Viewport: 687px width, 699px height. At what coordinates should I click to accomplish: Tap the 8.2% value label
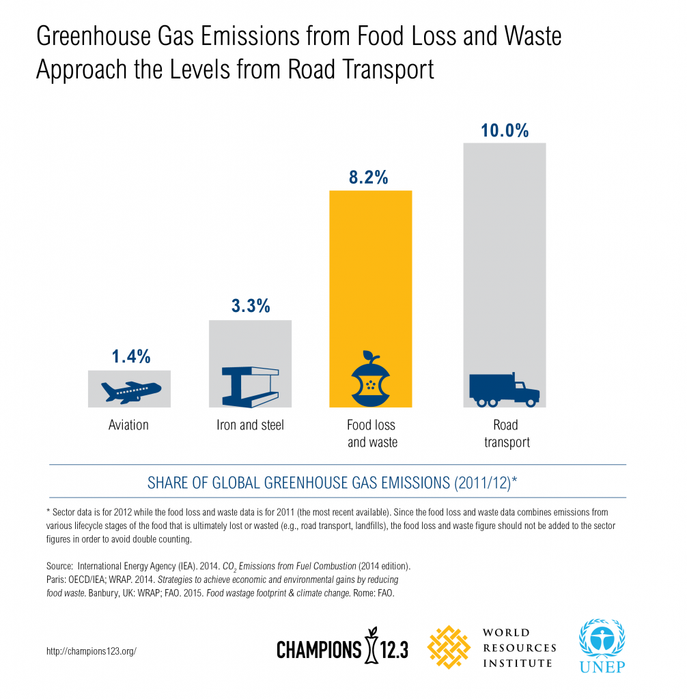tap(370, 178)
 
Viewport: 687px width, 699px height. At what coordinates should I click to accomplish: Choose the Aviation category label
tap(128, 425)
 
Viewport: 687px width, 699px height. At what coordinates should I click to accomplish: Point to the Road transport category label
tap(507, 433)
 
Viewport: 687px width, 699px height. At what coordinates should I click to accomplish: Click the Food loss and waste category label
tap(372, 433)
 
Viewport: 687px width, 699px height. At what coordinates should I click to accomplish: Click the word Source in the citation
tap(51, 567)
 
